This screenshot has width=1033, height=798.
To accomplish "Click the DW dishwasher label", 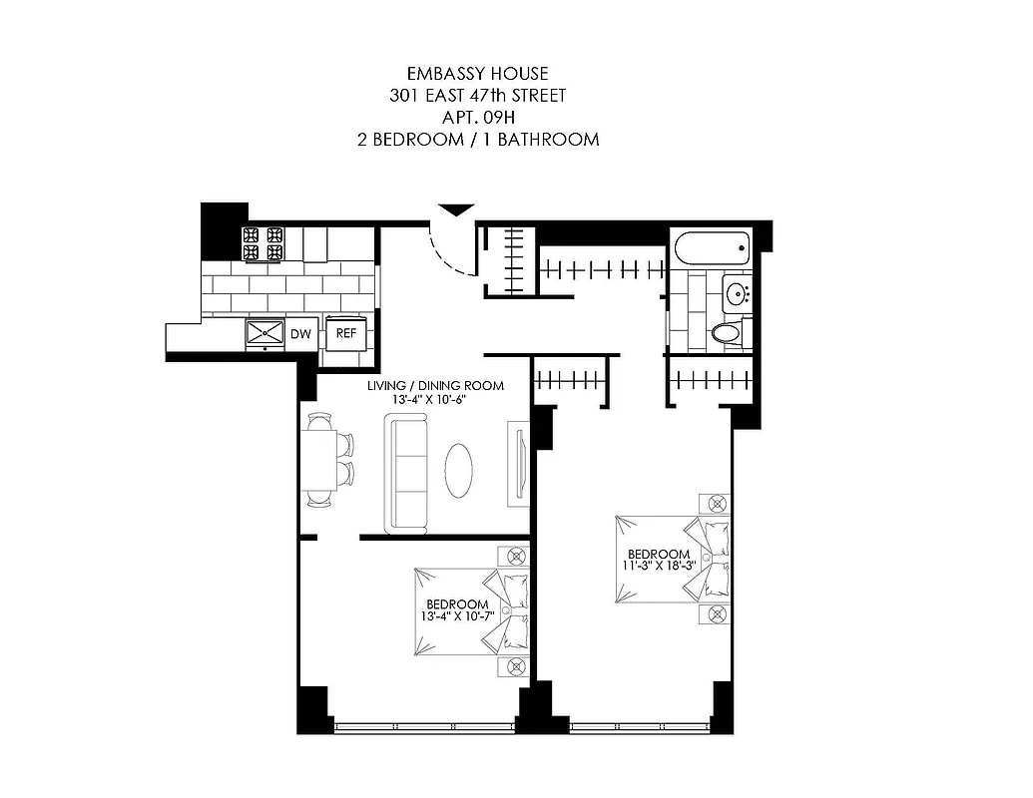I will [299, 334].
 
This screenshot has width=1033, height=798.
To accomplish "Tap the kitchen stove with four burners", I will [262, 243].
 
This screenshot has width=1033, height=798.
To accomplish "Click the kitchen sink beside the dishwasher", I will [265, 333].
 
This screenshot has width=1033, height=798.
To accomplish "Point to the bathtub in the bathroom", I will [711, 245].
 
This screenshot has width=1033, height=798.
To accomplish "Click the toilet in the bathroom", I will [728, 332].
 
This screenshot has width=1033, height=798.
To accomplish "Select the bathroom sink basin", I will [738, 293].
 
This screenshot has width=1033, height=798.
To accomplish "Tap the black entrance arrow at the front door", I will [454, 209].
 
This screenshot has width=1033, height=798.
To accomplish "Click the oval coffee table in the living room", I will [459, 469].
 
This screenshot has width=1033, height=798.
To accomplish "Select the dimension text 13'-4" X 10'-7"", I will [457, 617].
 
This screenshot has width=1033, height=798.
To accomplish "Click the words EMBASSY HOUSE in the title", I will [477, 73].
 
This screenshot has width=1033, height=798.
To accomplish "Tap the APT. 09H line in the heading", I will [477, 118].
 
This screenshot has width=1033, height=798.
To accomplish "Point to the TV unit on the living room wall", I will [517, 461].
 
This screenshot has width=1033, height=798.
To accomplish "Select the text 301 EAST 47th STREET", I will [477, 96].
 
